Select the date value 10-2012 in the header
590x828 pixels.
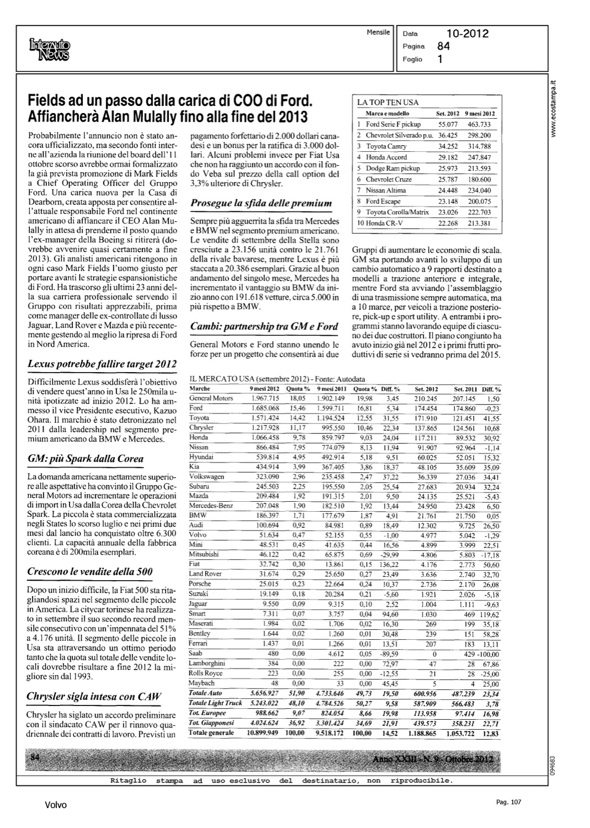[467, 34]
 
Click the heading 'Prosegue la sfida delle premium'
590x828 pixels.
[261, 204]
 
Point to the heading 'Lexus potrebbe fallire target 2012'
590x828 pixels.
[102, 364]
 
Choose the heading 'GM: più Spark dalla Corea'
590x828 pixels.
[86, 459]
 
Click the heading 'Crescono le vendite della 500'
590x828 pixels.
[90, 572]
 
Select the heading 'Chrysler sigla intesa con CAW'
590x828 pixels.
[94, 697]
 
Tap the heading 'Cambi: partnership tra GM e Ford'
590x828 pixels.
[264, 327]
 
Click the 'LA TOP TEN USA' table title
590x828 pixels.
[388, 103]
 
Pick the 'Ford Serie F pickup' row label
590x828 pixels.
[393, 124]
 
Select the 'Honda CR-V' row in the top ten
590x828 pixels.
[385, 223]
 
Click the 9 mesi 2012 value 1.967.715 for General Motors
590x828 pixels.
[265, 398]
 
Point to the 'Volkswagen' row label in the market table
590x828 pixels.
[206, 476]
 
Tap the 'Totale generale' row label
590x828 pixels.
[211, 733]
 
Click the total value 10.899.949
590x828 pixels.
[264, 733]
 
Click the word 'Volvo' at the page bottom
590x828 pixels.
[56, 805]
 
